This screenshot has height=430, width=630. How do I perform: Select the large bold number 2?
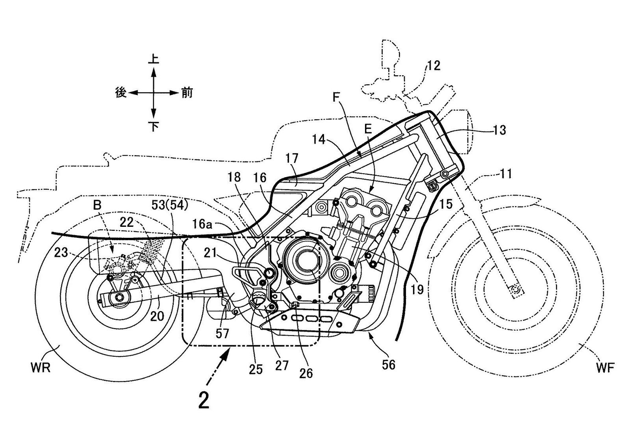(x=204, y=402)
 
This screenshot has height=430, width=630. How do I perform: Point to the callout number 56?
(x=389, y=365)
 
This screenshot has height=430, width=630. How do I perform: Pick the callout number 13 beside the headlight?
(x=499, y=130)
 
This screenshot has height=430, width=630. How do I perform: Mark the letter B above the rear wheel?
(x=97, y=205)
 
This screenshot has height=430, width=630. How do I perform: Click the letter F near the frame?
(x=336, y=97)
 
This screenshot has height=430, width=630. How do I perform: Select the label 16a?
(x=204, y=224)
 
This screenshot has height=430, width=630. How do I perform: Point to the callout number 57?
(x=222, y=334)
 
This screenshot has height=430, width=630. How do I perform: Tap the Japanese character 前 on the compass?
(x=187, y=93)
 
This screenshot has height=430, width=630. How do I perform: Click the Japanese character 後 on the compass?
(x=120, y=93)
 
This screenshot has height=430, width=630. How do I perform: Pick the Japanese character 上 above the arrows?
(x=153, y=59)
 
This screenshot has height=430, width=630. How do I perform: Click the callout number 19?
(x=417, y=290)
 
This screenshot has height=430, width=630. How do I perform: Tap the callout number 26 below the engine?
(x=306, y=373)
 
